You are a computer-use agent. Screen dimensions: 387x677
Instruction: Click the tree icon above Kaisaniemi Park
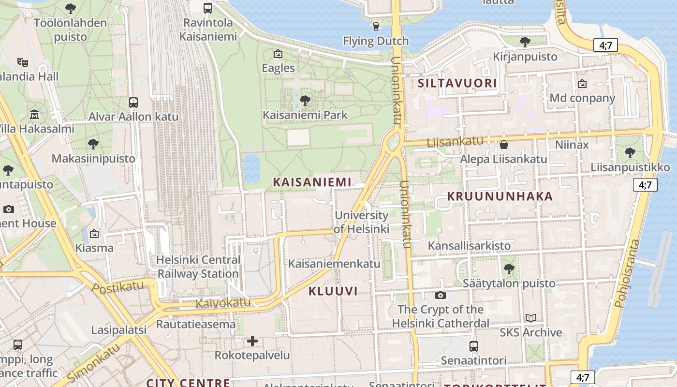[x=305, y=101]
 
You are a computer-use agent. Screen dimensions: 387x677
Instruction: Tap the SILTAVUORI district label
[x=457, y=83]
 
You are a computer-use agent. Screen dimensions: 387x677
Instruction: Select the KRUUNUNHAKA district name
[x=500, y=196]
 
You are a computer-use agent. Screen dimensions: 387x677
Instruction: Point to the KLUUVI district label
[x=333, y=291]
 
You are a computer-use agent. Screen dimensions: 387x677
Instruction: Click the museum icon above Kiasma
[x=94, y=234]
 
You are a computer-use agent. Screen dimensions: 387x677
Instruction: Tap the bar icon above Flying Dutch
[x=376, y=26]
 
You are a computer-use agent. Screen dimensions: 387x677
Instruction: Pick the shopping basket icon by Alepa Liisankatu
[x=503, y=145]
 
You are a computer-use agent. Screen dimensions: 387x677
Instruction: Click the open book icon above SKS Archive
[x=531, y=318]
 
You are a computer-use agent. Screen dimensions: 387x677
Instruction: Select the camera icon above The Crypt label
[x=440, y=295]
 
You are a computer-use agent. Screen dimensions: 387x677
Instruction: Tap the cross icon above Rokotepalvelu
[x=252, y=341]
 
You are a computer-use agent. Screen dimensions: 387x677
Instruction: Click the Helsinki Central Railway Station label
[x=198, y=267]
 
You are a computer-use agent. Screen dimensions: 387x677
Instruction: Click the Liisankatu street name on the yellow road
[x=455, y=142]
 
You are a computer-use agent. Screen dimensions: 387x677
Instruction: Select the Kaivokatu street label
[x=223, y=303]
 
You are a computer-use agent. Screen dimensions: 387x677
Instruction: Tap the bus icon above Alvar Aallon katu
[x=133, y=103]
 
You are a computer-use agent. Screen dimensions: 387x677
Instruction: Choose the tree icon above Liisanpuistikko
[x=630, y=153]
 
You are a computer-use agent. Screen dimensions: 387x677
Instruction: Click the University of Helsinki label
[x=361, y=222]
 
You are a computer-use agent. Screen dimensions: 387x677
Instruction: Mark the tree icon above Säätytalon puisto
[x=508, y=269]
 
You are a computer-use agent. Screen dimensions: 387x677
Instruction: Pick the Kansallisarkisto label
[x=469, y=246]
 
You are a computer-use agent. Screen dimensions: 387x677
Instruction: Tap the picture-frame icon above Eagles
[x=278, y=54]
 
